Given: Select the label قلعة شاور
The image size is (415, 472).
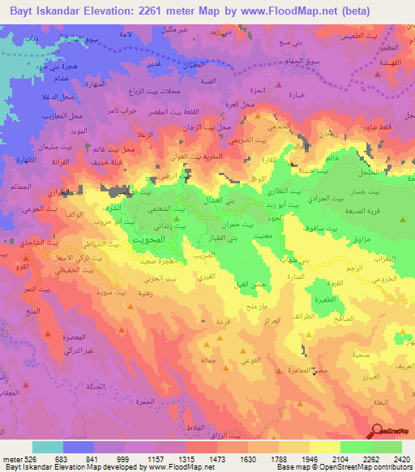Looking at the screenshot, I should point(379,126).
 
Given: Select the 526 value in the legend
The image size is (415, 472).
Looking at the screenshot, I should point(23,458).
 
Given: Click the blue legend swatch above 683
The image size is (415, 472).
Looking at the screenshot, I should point(79,447).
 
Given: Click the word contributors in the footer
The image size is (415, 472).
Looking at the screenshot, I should point(396,467).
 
